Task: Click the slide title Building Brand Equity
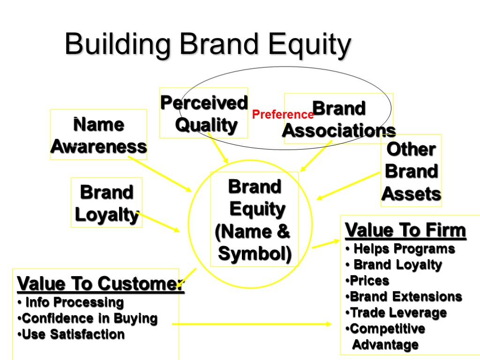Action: coord(208,45)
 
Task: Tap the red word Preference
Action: coord(283,114)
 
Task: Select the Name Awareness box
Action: coord(98,135)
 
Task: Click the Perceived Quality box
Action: coord(203,113)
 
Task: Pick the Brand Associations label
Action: coord(338,120)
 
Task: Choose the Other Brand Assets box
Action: coord(411,171)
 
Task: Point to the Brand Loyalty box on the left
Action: coord(106,203)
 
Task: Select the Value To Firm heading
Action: coord(405,231)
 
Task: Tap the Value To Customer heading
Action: coord(100,284)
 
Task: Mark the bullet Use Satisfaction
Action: coord(73,335)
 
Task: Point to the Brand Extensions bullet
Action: coord(405,297)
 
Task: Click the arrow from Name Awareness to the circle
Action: coord(159,173)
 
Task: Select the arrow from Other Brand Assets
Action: coord(349,186)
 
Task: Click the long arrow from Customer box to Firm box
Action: coord(251,324)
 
